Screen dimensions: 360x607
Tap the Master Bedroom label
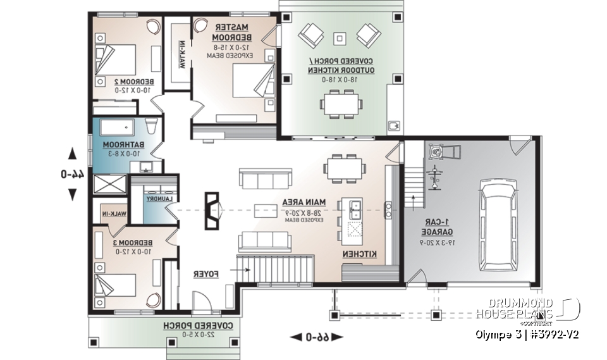click(232, 33)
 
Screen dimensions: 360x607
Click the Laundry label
click(160, 198)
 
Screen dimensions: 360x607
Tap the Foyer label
click(205, 275)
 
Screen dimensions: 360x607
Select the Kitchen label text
click(360, 254)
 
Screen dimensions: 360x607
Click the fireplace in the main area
click(214, 209)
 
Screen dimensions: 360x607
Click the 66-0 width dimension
click(316, 337)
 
